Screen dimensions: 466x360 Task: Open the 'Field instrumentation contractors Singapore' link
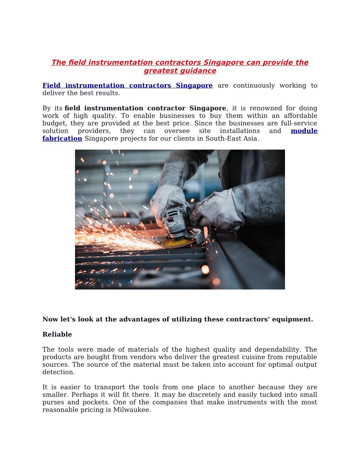coord(127,86)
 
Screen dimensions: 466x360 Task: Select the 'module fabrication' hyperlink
coord(62,139)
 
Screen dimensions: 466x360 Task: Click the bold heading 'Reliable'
coord(57,334)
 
